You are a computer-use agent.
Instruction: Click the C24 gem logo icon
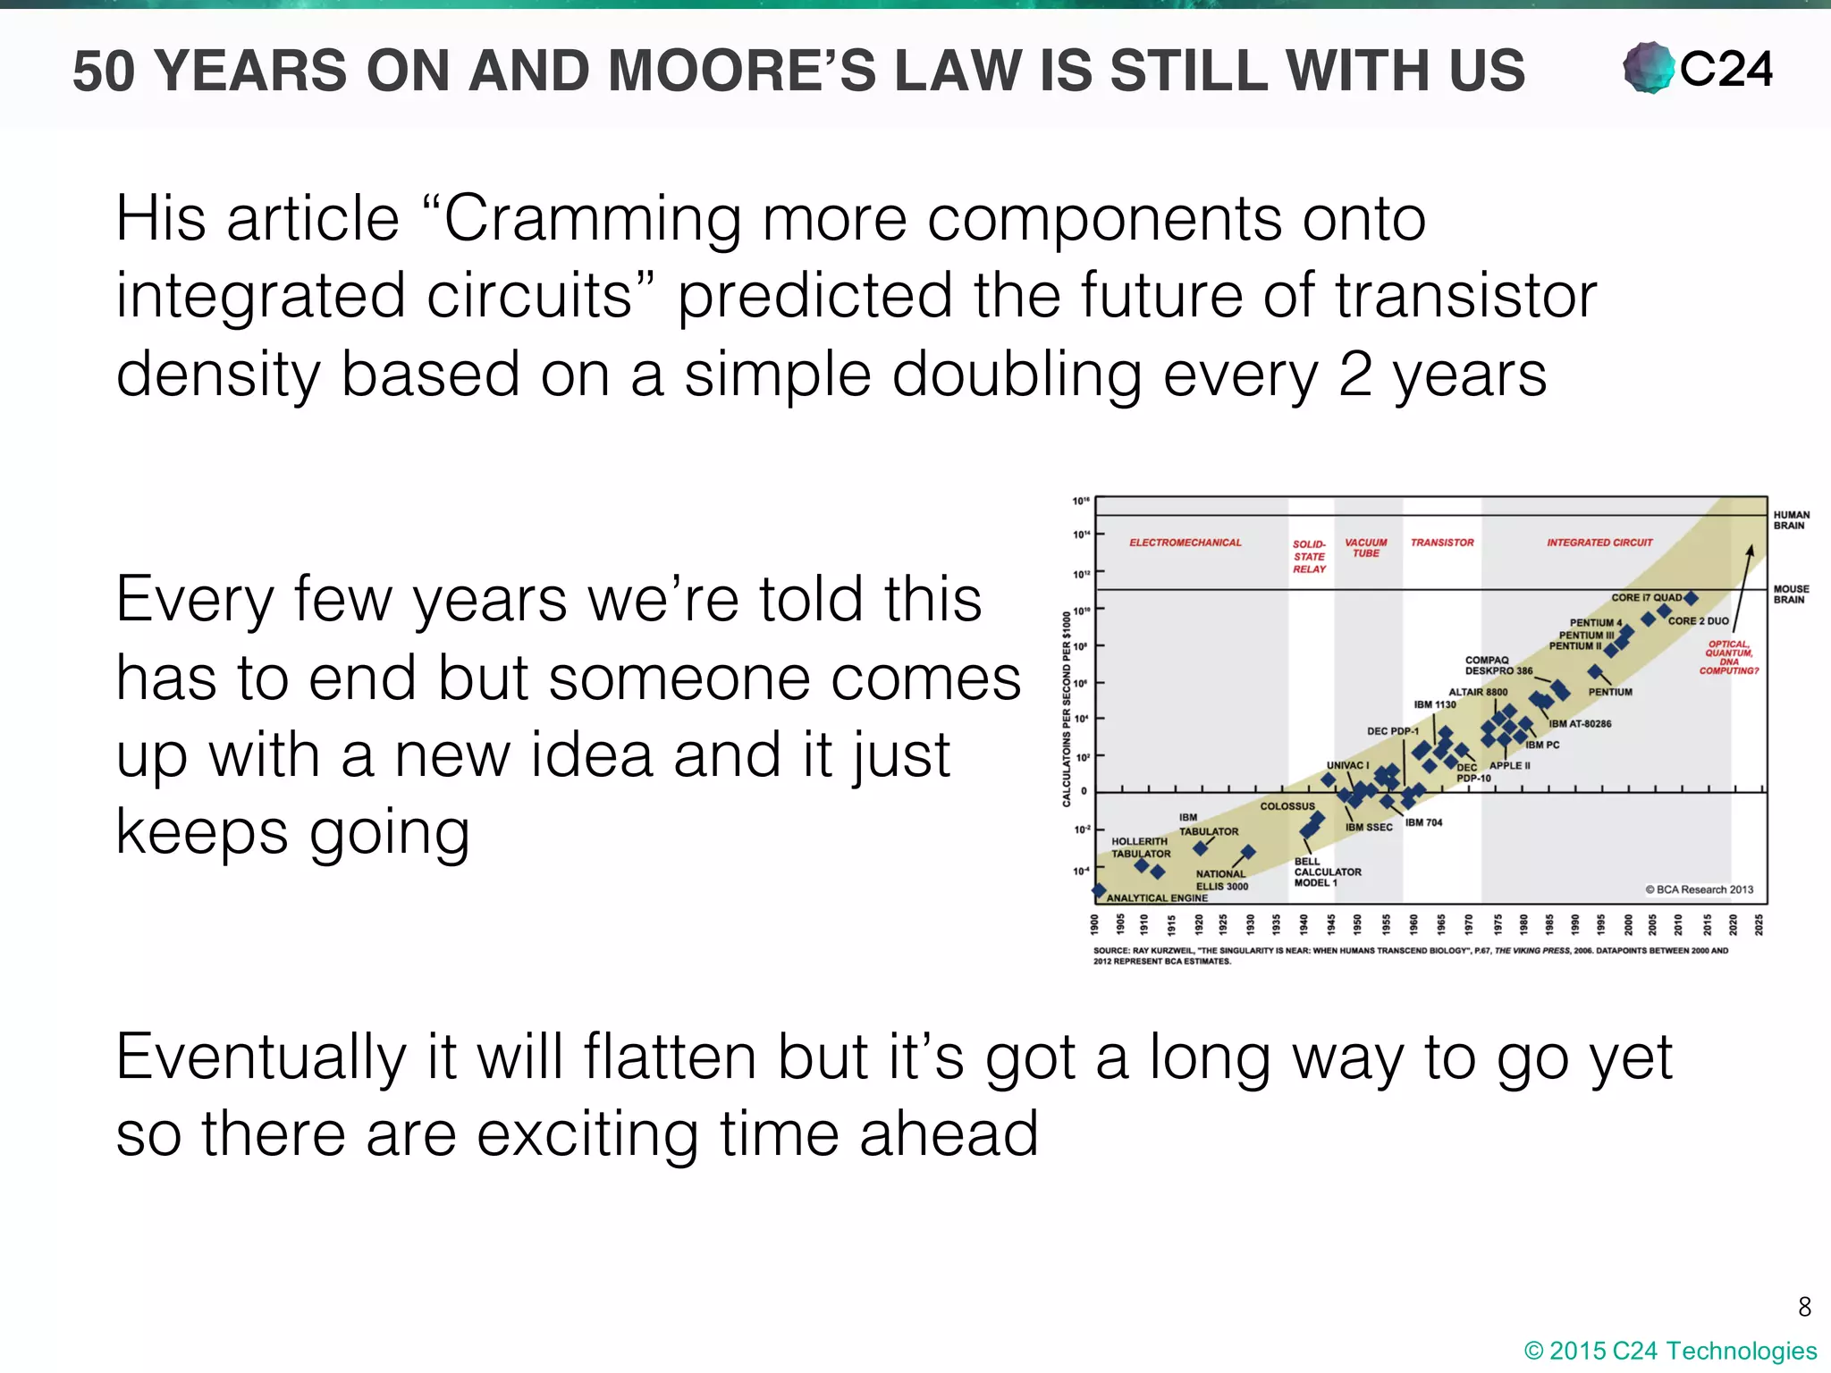[x=1648, y=68]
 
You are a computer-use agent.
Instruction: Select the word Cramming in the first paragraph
[x=592, y=219]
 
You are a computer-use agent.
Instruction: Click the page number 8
[x=1804, y=1307]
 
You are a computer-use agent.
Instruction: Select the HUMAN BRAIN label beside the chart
[x=1791, y=520]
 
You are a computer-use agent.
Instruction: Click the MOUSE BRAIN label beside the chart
[x=1791, y=594]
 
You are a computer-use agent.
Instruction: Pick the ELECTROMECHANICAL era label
[x=1185, y=543]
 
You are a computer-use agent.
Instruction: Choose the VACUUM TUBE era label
[x=1365, y=548]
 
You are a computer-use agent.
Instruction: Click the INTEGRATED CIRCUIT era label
[x=1599, y=543]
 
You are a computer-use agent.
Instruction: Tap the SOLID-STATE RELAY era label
[x=1309, y=556]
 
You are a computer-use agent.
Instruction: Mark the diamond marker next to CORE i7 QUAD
[x=1691, y=598]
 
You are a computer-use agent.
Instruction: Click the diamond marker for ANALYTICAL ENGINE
[x=1099, y=889]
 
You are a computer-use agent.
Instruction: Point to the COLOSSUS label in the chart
[x=1287, y=806]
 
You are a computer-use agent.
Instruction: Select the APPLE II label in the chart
[x=1509, y=766]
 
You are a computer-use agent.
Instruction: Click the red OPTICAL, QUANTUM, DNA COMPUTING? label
[x=1728, y=657]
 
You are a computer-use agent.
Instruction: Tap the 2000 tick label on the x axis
[x=1628, y=923]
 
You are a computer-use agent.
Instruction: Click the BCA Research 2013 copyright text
[x=1699, y=889]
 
